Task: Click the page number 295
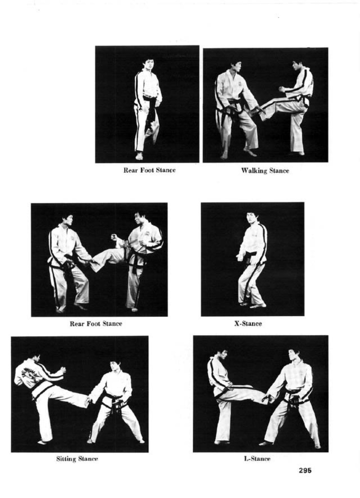tap(305, 470)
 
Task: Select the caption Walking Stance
tap(265, 171)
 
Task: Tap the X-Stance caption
tap(248, 324)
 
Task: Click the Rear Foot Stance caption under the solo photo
tap(149, 170)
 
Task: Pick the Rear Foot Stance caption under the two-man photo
tap(96, 324)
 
